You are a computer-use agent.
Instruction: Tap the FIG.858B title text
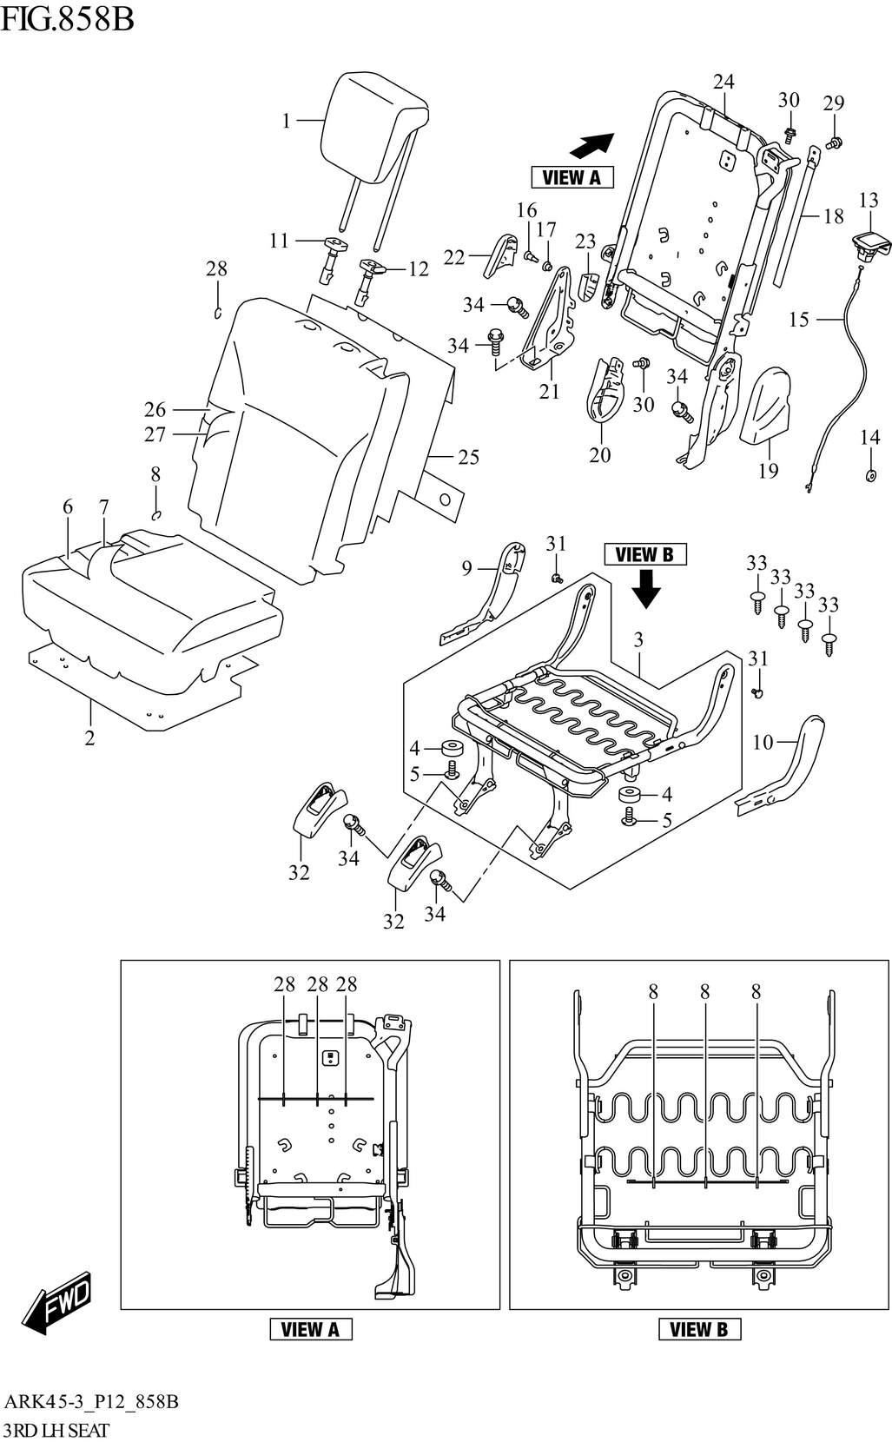click(x=67, y=17)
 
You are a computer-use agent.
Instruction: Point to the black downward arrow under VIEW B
click(x=645, y=591)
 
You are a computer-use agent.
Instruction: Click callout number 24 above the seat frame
click(x=724, y=82)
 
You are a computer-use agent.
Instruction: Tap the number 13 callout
click(x=869, y=201)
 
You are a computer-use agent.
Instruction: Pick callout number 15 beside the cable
click(x=798, y=320)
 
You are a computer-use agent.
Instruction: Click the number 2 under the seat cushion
click(x=89, y=738)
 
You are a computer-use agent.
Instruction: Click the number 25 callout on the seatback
click(x=468, y=457)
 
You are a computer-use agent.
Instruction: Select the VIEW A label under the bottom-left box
click(x=310, y=1329)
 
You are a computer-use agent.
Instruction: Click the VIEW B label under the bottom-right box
click(x=699, y=1329)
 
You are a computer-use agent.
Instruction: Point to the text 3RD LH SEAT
click(x=56, y=1430)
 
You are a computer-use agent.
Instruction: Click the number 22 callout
click(x=454, y=257)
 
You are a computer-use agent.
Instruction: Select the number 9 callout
click(x=466, y=568)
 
